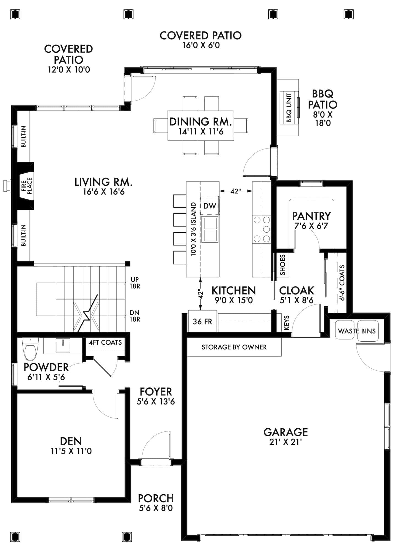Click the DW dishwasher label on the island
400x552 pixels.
pos(210,206)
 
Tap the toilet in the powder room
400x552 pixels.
pos(30,350)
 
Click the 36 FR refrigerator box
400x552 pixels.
pos(202,322)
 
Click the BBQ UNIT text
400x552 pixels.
pos(289,108)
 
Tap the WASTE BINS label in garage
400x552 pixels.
pos(357,331)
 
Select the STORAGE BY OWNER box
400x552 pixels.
pos(234,347)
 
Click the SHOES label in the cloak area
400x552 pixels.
pos(282,265)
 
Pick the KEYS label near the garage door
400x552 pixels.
pos(287,323)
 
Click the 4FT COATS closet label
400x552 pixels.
pos(105,343)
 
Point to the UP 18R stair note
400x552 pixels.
pos(135,283)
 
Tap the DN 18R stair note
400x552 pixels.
pos(135,316)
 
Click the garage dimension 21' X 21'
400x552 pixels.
pos(286,442)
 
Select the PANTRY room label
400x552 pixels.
pos(311,216)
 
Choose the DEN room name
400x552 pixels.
pos(71,441)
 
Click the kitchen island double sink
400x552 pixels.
pos(210,229)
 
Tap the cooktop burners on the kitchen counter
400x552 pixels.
pos(262,229)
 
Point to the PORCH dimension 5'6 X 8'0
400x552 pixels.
pos(156,508)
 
